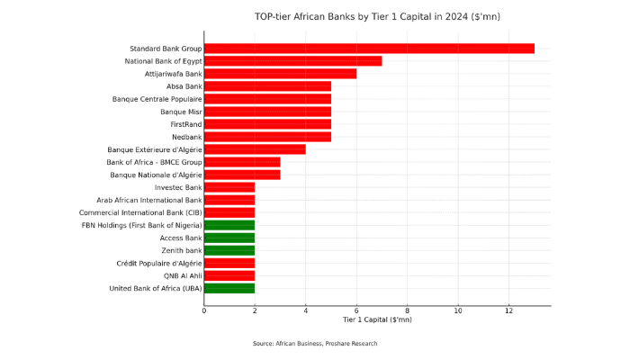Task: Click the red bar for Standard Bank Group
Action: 369,49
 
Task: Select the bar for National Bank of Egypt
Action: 292,61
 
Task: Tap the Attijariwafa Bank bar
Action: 280,74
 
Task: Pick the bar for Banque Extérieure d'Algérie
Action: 255,149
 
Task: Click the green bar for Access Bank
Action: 229,238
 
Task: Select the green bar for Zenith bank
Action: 229,250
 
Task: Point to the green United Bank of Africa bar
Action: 229,288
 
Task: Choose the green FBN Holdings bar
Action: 229,225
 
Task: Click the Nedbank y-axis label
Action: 186,137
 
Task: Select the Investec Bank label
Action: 178,187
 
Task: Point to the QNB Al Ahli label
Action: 183,275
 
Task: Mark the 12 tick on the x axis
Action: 508,310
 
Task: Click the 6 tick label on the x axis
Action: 356,310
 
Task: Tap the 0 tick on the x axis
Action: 204,310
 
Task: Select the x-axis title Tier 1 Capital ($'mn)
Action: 377,319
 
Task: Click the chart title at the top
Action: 377,16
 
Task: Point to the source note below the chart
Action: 314,343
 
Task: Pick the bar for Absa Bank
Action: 267,86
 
